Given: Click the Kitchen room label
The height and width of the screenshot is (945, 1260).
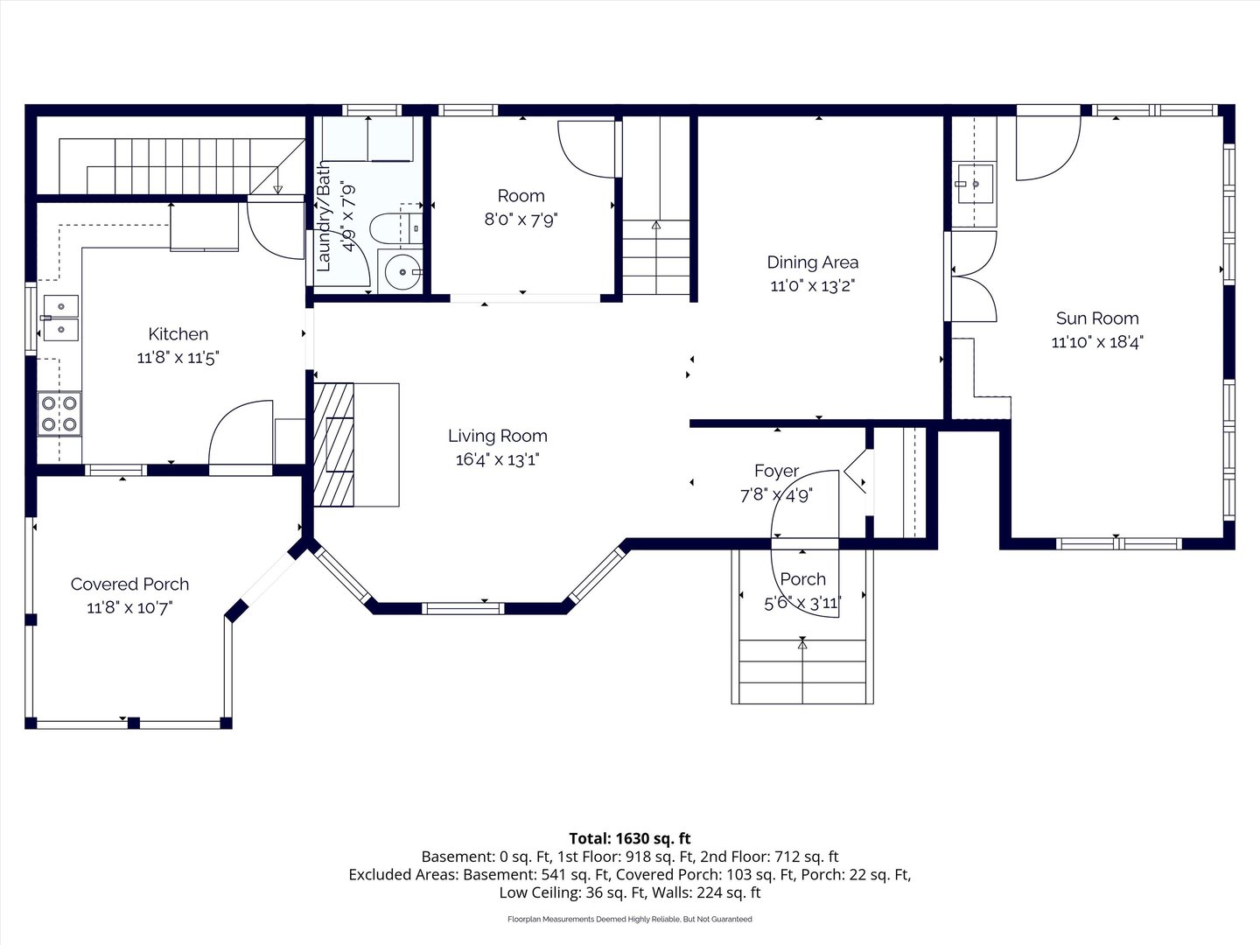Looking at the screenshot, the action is click(178, 334).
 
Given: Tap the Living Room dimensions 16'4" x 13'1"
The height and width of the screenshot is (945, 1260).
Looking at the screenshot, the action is click(498, 459).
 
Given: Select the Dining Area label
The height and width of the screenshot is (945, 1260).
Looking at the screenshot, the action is click(813, 262).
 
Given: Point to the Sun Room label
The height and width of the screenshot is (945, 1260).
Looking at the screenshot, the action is click(1097, 318).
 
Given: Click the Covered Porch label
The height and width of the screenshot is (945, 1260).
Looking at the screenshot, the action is click(129, 584).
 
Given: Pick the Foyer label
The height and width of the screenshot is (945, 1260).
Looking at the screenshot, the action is click(777, 471).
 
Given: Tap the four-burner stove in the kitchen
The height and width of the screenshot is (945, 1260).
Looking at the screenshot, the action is click(59, 414).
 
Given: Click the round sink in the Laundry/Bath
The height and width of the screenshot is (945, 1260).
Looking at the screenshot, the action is click(401, 271).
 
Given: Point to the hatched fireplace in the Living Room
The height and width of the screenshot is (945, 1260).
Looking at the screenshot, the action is click(333, 444).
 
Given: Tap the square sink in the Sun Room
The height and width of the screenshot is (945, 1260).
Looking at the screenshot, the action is click(975, 184).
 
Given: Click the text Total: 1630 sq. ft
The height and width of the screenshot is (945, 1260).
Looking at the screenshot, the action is click(630, 838).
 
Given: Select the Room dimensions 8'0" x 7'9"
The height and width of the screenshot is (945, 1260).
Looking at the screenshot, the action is click(521, 220).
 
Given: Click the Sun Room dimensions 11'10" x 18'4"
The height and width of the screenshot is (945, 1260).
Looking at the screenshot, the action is click(1097, 342).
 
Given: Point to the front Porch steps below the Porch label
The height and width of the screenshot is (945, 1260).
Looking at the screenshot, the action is click(802, 671).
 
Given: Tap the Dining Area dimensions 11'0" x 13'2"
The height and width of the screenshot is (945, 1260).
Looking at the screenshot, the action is click(813, 286).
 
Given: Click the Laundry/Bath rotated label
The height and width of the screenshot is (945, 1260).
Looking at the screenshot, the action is click(324, 216).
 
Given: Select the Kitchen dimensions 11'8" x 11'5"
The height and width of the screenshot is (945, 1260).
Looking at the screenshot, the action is click(178, 358).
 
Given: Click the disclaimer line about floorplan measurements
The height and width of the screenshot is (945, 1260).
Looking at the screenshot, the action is click(630, 919).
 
